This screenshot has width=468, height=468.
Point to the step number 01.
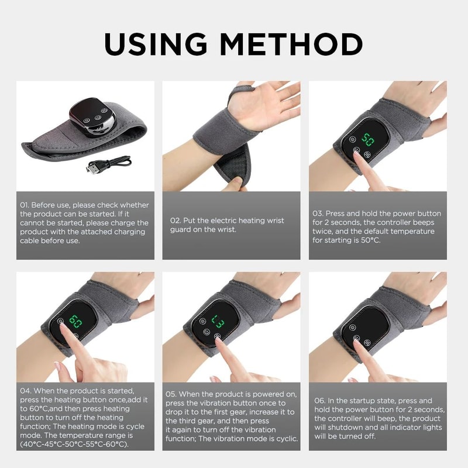click(25, 205)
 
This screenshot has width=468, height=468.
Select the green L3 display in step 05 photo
click(218, 321)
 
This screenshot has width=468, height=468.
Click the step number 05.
click(171, 394)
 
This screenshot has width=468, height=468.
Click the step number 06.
click(320, 401)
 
